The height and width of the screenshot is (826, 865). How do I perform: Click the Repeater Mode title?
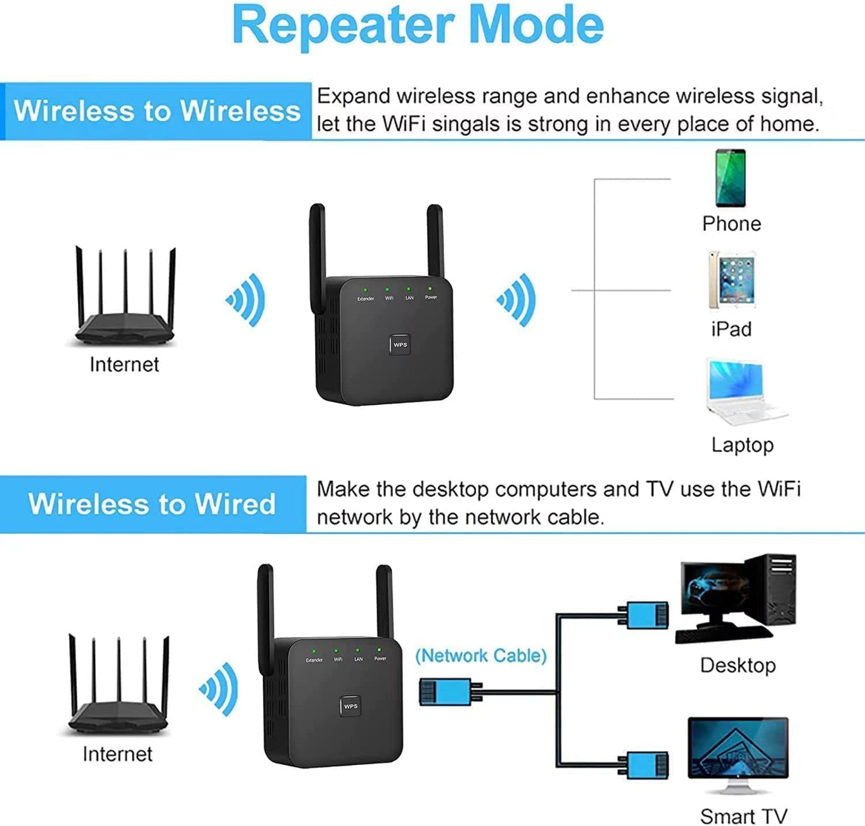[x=417, y=25]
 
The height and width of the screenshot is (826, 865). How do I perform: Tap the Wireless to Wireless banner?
[x=157, y=111]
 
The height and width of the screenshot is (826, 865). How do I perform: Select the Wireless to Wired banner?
[x=152, y=504]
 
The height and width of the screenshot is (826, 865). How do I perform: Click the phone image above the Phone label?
[x=730, y=178]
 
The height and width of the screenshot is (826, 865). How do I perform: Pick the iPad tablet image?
[x=732, y=280]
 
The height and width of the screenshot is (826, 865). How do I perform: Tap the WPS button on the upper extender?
[x=400, y=345]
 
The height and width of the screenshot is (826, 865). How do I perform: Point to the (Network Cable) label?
[x=481, y=656]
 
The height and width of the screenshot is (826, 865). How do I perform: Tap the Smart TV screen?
[x=738, y=748]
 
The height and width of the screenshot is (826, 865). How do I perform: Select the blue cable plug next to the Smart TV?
[x=644, y=766]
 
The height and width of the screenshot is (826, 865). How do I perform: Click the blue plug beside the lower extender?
[x=445, y=693]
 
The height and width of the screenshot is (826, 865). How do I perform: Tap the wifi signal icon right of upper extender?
[x=517, y=300]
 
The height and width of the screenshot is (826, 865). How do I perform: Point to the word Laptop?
[x=742, y=446]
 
